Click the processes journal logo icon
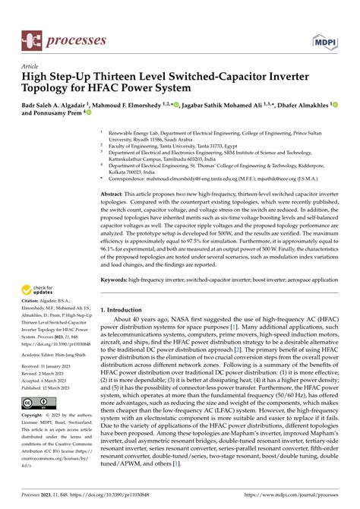pos(30,37)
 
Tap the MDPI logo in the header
pos(324,38)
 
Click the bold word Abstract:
pos(114,196)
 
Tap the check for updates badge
pos(39,290)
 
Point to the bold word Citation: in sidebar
pos(32,302)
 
